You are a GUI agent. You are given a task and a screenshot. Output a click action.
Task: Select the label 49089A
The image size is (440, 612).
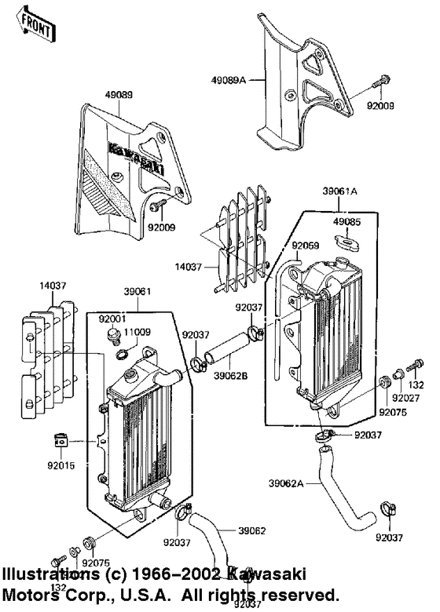229,78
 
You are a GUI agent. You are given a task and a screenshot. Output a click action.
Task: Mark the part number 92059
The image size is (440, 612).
306,246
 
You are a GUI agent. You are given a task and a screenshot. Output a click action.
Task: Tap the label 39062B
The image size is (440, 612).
232,375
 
